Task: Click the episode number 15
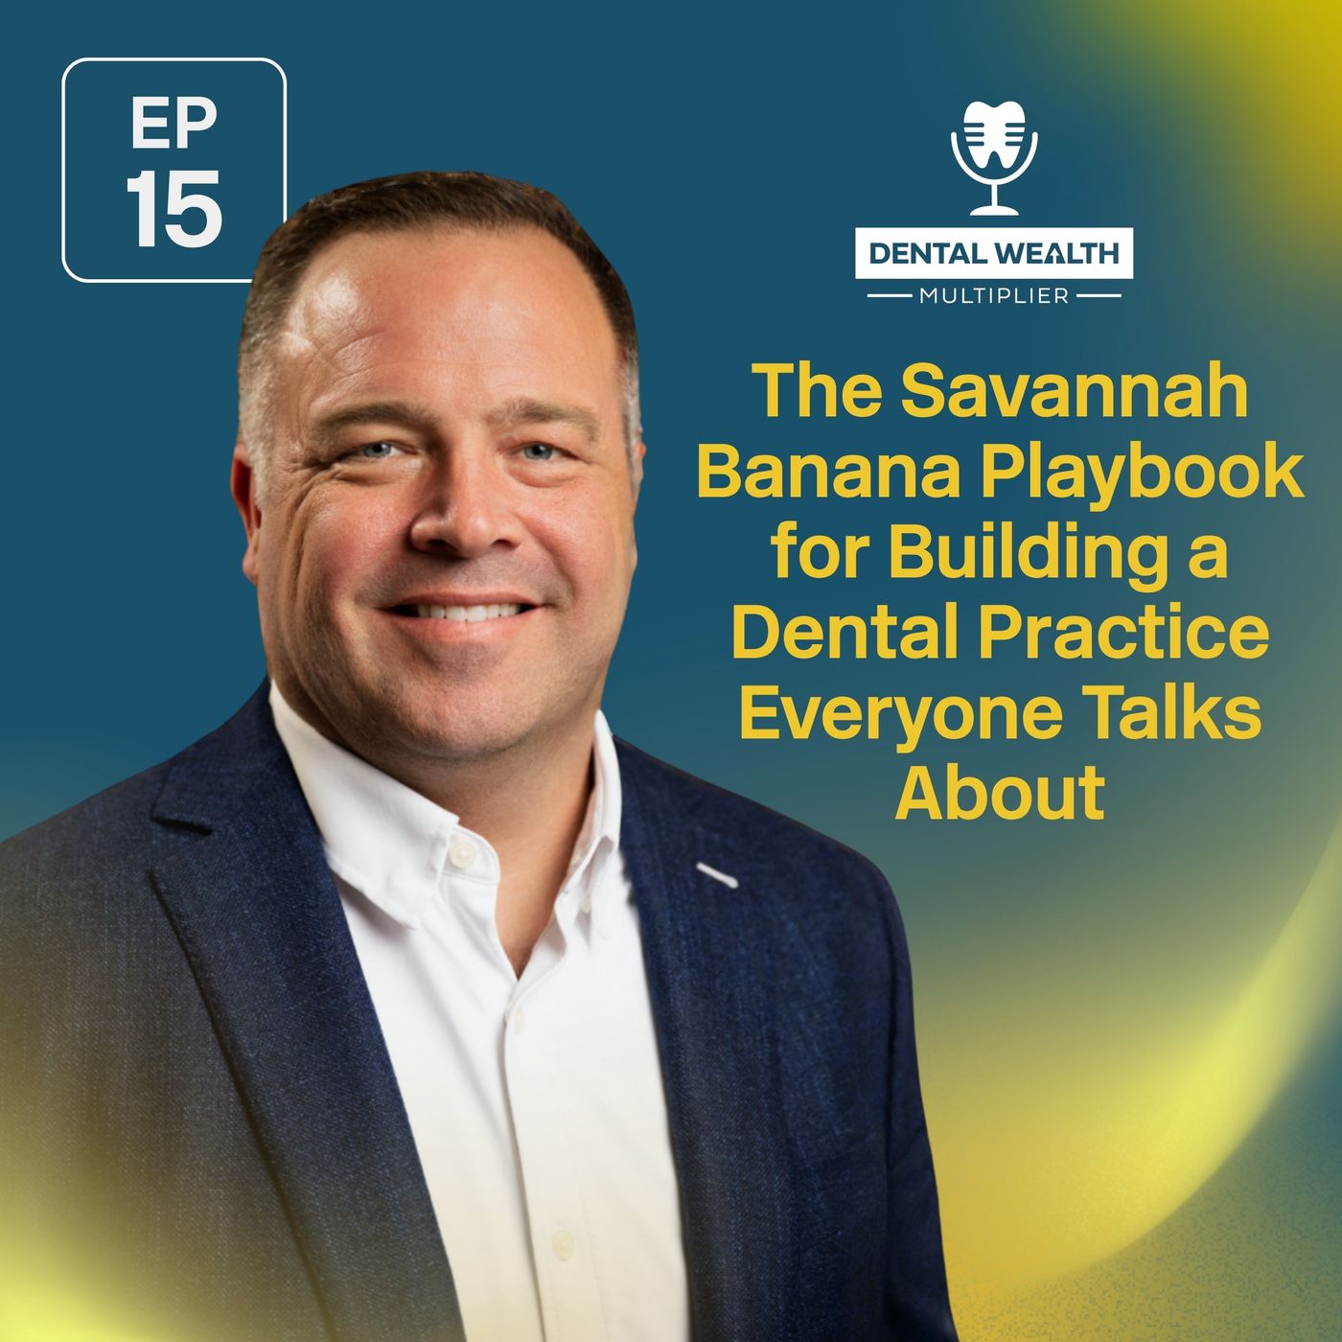pyautogui.click(x=174, y=208)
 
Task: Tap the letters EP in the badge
pyautogui.click(x=174, y=125)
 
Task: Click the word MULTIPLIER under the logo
pyautogui.click(x=994, y=296)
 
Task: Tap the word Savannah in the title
pyautogui.click(x=1075, y=392)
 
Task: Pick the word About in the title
pyautogui.click(x=1000, y=793)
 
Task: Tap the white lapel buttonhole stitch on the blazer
pyautogui.click(x=716, y=873)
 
